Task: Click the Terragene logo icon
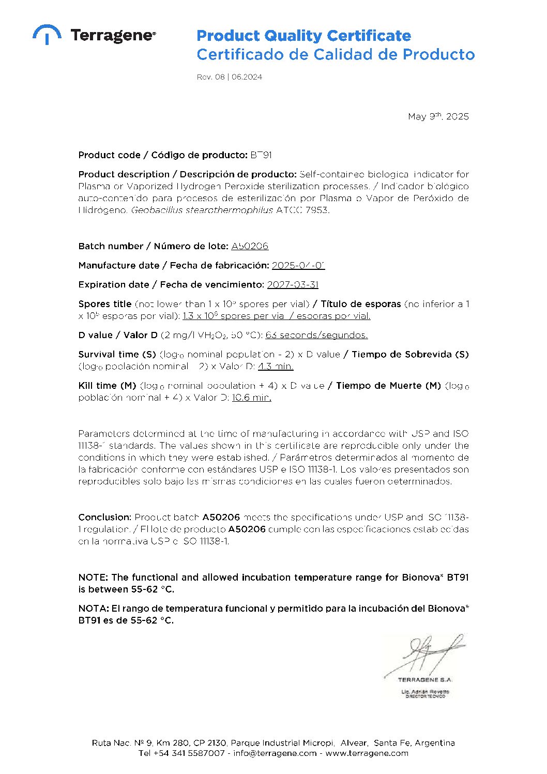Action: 47,34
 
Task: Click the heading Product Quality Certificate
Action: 303,36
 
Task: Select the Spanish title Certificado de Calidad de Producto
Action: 336,54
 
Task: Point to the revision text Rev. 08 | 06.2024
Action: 229,77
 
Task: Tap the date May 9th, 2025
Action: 438,116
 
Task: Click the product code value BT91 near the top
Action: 261,155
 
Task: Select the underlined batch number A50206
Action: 250,246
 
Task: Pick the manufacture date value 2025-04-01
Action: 298,265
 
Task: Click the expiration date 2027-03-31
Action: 293,284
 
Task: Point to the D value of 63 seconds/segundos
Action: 316,335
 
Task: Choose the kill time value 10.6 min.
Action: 251,398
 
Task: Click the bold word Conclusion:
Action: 105,517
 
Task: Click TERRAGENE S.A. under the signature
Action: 425,679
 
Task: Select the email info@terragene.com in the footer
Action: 275,753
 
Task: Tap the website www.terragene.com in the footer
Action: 367,753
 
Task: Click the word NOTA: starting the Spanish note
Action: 94,609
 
